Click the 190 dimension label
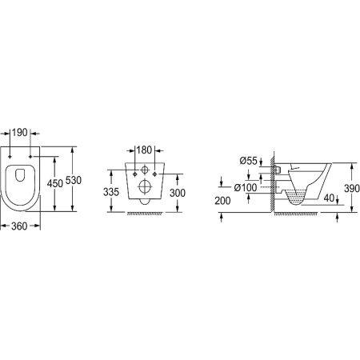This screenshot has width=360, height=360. pos(20,132)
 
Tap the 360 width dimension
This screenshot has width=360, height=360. pos(19,226)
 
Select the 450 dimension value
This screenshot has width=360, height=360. pos(55,183)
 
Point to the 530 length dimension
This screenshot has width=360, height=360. pos(74,181)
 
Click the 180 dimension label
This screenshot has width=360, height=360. pos(144,150)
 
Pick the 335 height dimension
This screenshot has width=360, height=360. pos(111,192)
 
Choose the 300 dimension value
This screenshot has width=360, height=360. pos(178,193)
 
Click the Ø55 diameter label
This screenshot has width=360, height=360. pos(248,161)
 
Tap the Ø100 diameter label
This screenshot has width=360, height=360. pos(246,188)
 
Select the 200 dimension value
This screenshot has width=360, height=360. pos(222,201)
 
